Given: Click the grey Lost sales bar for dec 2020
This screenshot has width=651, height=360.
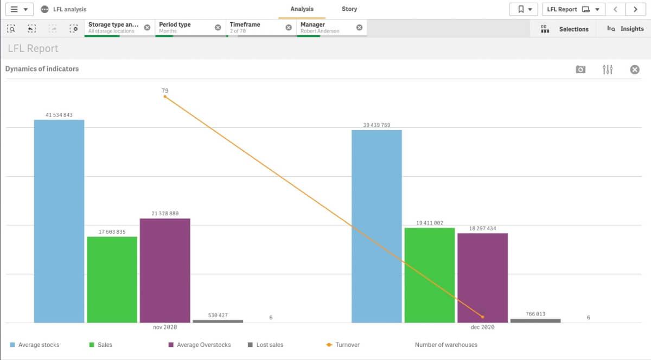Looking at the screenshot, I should coord(535,321).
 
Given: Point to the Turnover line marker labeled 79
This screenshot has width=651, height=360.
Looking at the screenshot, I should coord(165,97).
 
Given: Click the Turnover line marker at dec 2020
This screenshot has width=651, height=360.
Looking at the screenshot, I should coord(482,317).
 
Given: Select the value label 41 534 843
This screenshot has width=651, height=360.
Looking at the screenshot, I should coord(59,115).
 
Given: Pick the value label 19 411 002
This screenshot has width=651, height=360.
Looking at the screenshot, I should coord(429,223).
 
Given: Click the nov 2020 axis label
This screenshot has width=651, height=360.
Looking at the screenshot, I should coord(165,327).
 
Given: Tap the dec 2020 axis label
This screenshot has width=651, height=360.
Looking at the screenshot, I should coord(482,327).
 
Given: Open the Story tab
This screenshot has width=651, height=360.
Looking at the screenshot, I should coord(349,9).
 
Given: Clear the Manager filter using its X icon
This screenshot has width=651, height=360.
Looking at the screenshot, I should coord(359,28).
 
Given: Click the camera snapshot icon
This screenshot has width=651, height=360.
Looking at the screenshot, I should coord(580,69).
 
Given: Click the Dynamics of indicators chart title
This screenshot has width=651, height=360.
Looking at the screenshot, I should coord(42,69).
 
